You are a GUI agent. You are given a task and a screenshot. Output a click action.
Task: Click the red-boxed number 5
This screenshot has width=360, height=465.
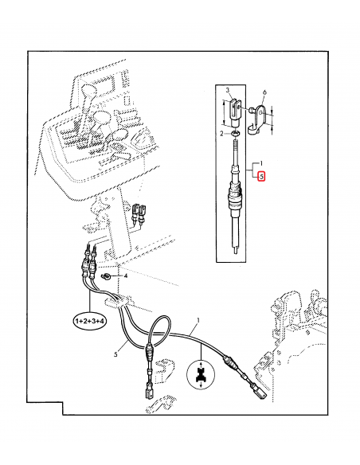tap(261, 177)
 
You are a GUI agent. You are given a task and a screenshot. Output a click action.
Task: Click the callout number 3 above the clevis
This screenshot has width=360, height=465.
tap(228, 90)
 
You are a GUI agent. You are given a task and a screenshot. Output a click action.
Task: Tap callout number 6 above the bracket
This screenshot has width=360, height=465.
tap(264, 92)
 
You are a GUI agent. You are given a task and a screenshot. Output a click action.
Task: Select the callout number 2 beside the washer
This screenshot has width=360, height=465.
tap(221, 134)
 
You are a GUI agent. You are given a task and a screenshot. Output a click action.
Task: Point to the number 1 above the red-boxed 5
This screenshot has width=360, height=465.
tap(261, 163)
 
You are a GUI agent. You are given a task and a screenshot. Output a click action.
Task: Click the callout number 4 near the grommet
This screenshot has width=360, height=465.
tap(126, 276)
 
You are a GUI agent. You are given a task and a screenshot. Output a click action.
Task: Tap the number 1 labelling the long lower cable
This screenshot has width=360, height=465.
tap(198, 320)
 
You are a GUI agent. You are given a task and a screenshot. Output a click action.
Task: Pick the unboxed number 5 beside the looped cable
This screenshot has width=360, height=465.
tap(115, 354)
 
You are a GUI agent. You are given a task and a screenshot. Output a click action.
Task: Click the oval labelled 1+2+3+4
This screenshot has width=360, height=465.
tap(90, 321)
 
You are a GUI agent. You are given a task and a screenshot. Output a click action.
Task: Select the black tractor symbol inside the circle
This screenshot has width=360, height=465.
tap(201, 374)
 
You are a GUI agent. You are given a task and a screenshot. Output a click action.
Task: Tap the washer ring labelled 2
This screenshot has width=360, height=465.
tap(236, 134)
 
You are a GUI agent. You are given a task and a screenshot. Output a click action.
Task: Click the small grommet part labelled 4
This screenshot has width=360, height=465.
tap(106, 277)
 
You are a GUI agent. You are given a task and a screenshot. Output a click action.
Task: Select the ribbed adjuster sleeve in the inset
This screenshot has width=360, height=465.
tap(235, 196)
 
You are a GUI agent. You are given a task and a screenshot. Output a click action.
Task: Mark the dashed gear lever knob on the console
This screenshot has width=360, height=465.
tap(88, 89)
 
